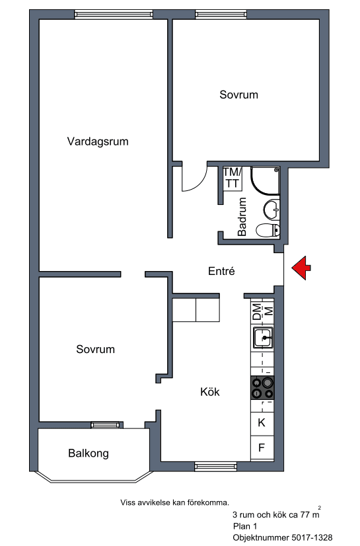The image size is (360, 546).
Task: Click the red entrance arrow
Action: pos(301,268)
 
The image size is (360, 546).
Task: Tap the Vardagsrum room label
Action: pos(98,141)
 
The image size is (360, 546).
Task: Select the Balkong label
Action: pos(89,453)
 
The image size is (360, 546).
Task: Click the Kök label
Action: pos(210,392)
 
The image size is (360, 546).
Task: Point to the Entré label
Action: pos(221,271)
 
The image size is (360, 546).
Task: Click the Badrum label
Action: pos(242,217)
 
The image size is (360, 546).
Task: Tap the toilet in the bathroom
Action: pos(268,230)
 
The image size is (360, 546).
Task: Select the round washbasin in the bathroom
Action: pos(271,210)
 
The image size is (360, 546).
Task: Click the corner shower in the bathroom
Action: pos(266,180)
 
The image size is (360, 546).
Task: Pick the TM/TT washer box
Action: pos(233,178)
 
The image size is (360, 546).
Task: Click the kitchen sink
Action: pos(263,337)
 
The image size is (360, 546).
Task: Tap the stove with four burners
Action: pos(262,387)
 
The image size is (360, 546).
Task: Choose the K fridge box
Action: pos(262,424)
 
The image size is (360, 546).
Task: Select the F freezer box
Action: pos(262,448)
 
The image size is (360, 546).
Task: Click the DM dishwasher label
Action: pos(257,311)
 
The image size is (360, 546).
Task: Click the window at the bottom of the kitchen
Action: pos(215,467)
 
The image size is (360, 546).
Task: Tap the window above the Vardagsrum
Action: pos(114,15)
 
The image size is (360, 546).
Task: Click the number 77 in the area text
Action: pos(305,515)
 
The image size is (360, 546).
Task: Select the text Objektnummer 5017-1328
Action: pos(283,537)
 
